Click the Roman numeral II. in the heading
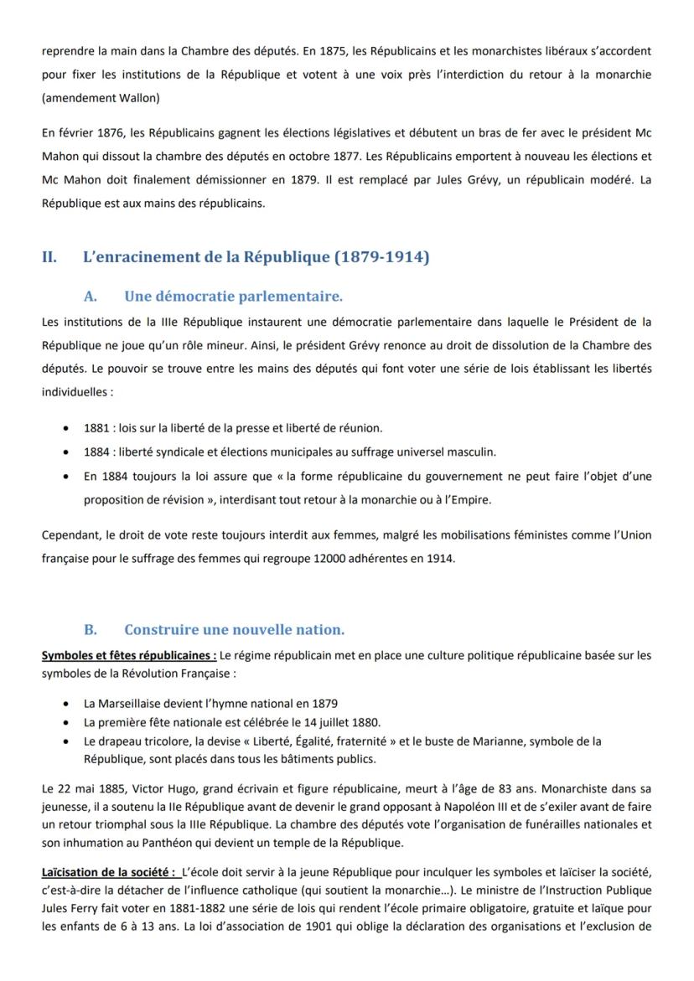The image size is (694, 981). [x=49, y=258]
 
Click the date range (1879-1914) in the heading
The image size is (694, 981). [x=381, y=258]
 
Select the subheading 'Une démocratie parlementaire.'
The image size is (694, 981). [x=233, y=297]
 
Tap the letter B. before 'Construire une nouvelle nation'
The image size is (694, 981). [x=91, y=630]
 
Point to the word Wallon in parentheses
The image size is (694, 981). [x=140, y=98]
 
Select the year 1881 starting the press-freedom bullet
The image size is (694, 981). [x=96, y=428]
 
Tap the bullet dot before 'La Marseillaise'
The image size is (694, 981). [x=66, y=705]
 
